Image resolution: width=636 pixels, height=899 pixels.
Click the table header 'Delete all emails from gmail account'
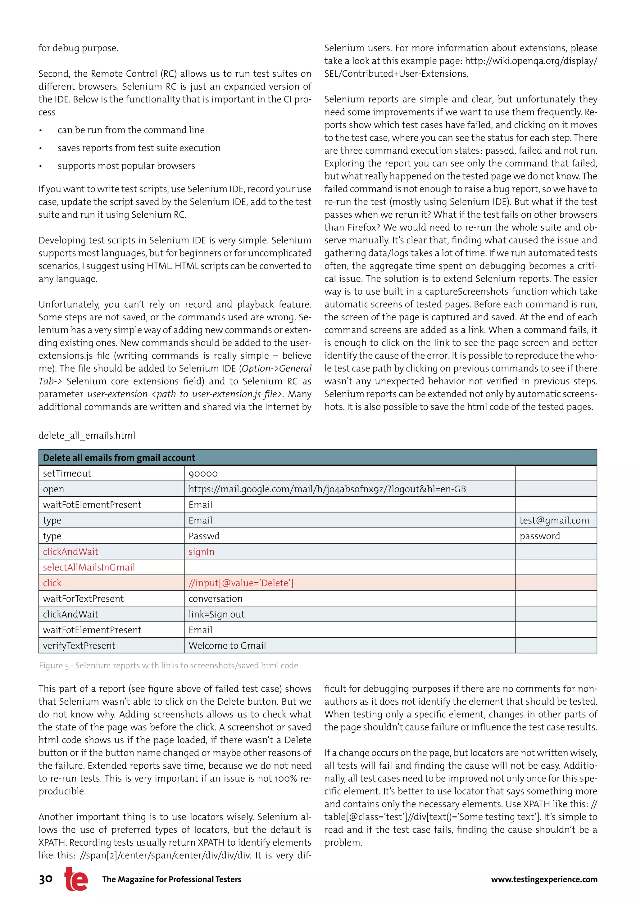pos(119,458)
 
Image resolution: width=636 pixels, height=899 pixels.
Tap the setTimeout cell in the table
pos(67,473)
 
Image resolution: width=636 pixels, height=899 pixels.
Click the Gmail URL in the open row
pos(327,489)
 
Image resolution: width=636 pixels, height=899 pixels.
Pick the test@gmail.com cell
pos(554,520)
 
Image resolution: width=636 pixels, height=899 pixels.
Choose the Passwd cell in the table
pos(204,536)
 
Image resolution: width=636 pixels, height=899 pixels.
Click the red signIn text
pos(201,552)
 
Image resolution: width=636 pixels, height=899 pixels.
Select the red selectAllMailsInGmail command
pos(89,567)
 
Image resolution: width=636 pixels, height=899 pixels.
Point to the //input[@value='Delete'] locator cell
pos(241,583)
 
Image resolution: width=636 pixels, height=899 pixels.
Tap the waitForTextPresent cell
pos(84,599)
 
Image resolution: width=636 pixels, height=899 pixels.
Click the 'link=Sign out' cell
pos(216,614)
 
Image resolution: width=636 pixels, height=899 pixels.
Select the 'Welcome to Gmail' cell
pos(227,646)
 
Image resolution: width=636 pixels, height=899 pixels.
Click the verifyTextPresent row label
pos(79,646)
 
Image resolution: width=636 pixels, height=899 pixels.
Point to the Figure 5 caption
pos(168,666)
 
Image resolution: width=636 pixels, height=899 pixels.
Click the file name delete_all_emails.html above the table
pos(87,436)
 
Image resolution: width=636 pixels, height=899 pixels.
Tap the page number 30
pos(46,879)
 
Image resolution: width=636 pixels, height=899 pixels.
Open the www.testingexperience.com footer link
pos(544,879)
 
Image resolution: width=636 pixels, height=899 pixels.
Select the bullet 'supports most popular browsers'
pos(126,166)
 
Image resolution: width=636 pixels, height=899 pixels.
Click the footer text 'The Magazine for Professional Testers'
pos(171,879)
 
